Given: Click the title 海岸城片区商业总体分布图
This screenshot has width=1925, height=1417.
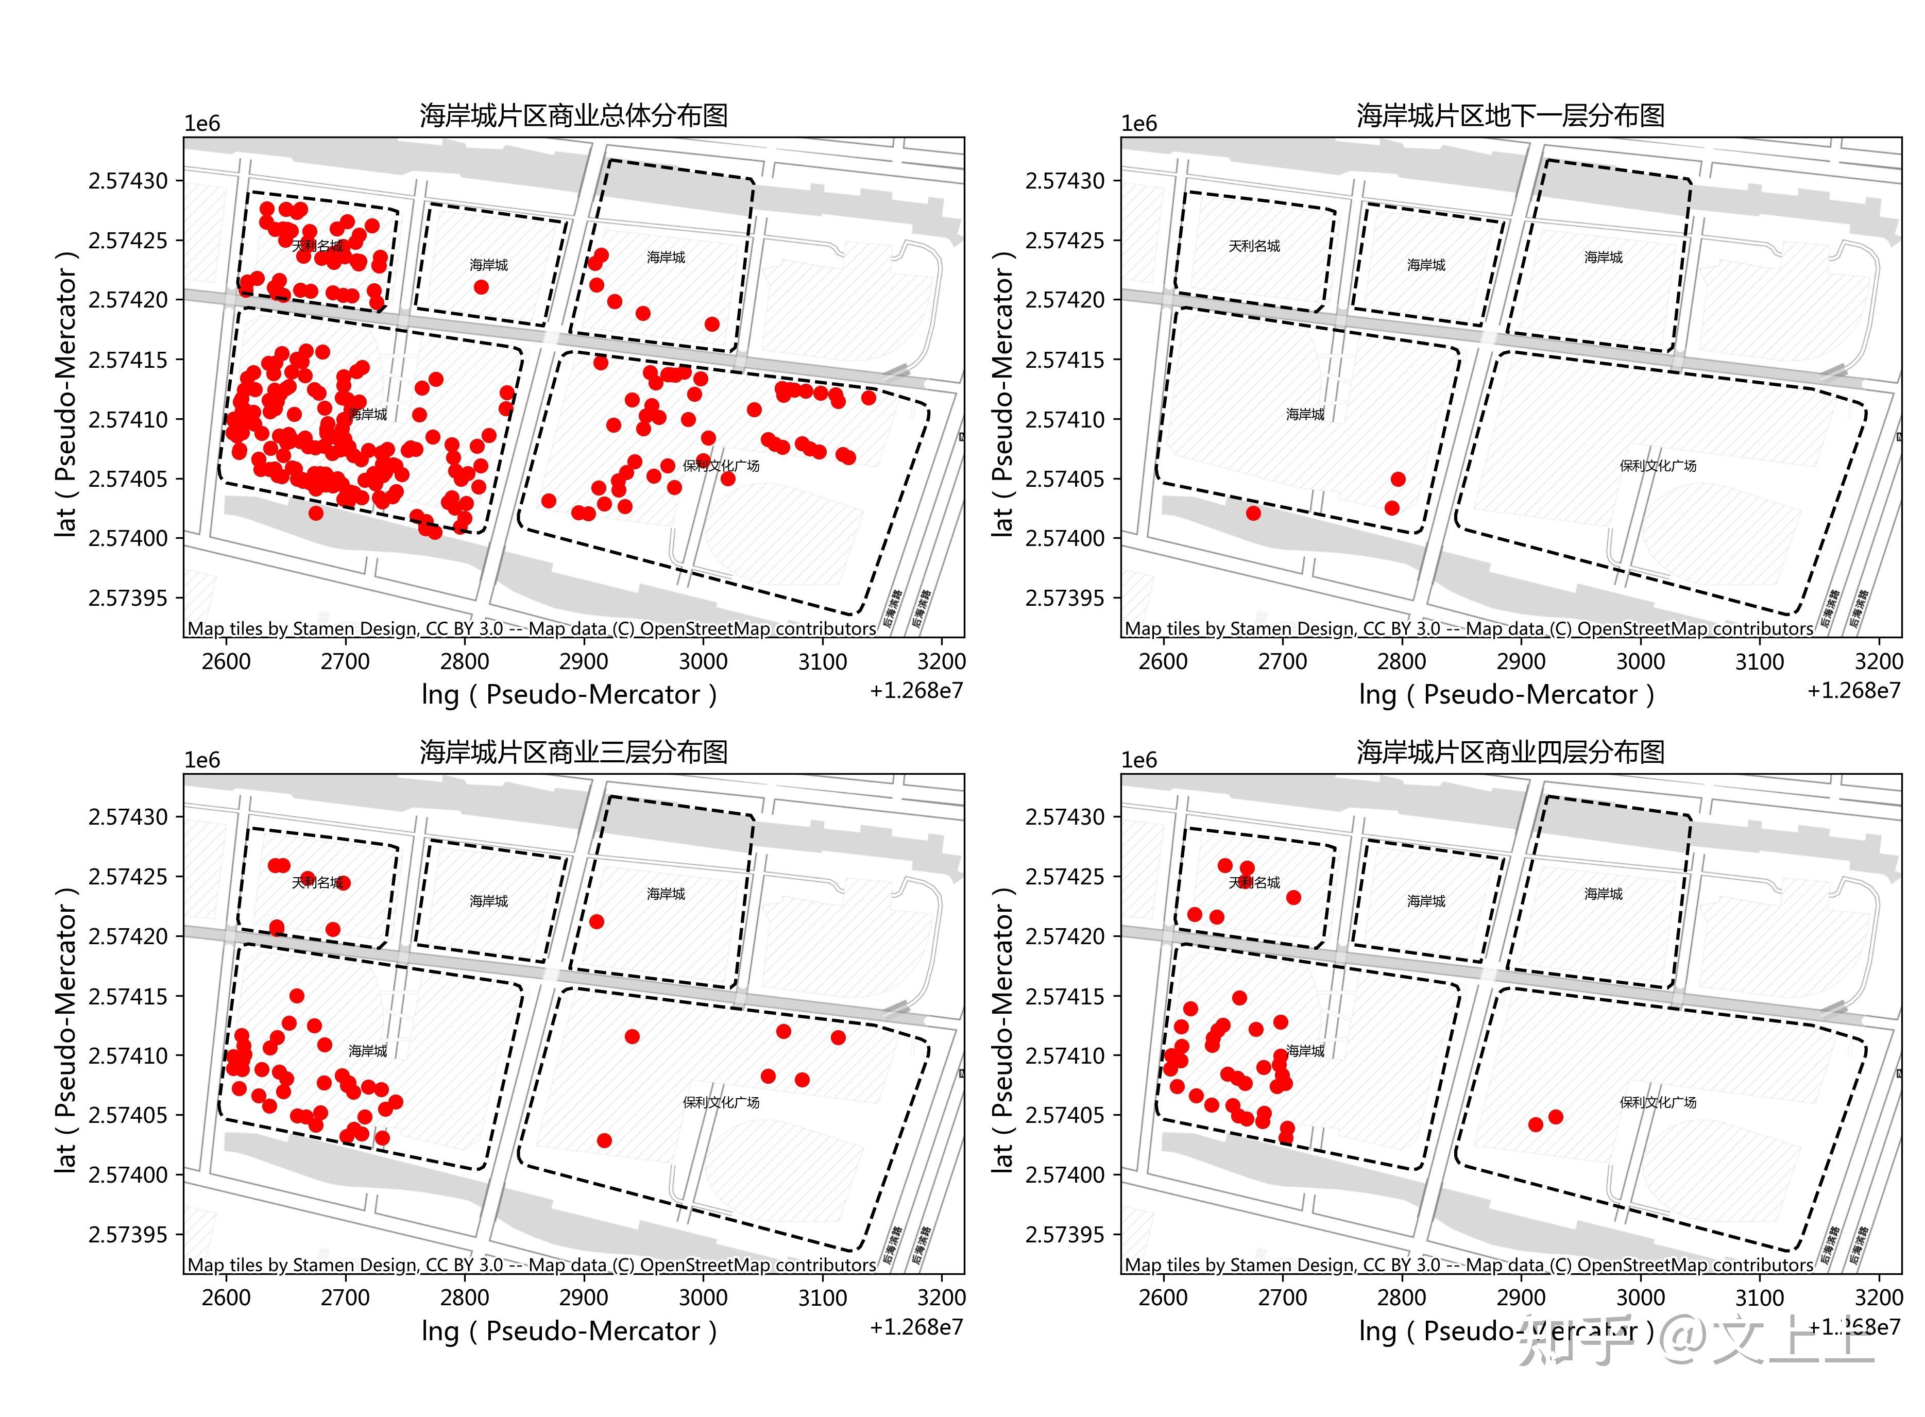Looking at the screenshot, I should pyautogui.click(x=573, y=115).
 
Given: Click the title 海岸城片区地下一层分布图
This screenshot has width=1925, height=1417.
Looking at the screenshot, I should pyautogui.click(x=1510, y=115).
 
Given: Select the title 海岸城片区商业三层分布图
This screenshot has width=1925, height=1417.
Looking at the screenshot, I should pyautogui.click(x=573, y=752).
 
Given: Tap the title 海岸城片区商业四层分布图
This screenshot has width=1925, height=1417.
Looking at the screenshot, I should pyautogui.click(x=1510, y=752).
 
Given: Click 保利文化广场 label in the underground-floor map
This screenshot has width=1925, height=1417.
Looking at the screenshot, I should pyautogui.click(x=1657, y=466).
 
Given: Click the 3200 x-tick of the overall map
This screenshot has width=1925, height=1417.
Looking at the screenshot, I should pyautogui.click(x=941, y=661).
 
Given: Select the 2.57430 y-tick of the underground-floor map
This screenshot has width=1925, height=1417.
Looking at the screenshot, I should pyautogui.click(x=1065, y=181).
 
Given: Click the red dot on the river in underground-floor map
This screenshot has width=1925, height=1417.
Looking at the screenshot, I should pyautogui.click(x=1253, y=513).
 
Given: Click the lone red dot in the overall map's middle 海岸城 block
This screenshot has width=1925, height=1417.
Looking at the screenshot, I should pyautogui.click(x=481, y=286).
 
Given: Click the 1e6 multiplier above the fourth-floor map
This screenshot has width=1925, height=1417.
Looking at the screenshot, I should pyautogui.click(x=1138, y=760).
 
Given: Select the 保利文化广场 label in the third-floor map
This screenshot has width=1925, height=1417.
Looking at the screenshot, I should pyautogui.click(x=721, y=1102).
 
